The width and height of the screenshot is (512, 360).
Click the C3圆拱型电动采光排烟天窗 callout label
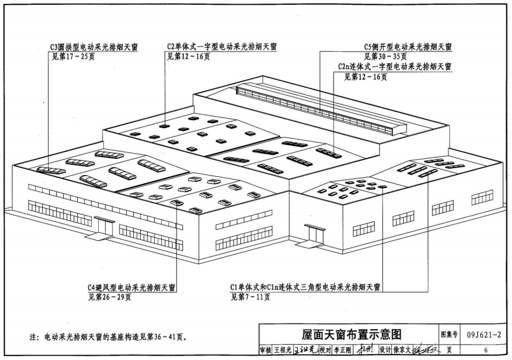[94, 47]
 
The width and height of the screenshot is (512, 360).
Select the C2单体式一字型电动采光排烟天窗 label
[222, 47]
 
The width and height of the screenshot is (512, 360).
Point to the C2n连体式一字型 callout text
[394, 67]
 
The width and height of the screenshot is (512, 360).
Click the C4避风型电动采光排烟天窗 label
[132, 288]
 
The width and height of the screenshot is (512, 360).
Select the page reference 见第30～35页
[385, 57]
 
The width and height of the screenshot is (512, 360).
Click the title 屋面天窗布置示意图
[351, 335]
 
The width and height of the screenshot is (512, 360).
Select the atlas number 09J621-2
[483, 335]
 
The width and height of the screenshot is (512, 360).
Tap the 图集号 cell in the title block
[449, 335]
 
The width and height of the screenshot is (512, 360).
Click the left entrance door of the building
[104, 227]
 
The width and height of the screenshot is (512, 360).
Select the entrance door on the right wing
[315, 234]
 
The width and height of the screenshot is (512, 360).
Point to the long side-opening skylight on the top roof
[316, 110]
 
